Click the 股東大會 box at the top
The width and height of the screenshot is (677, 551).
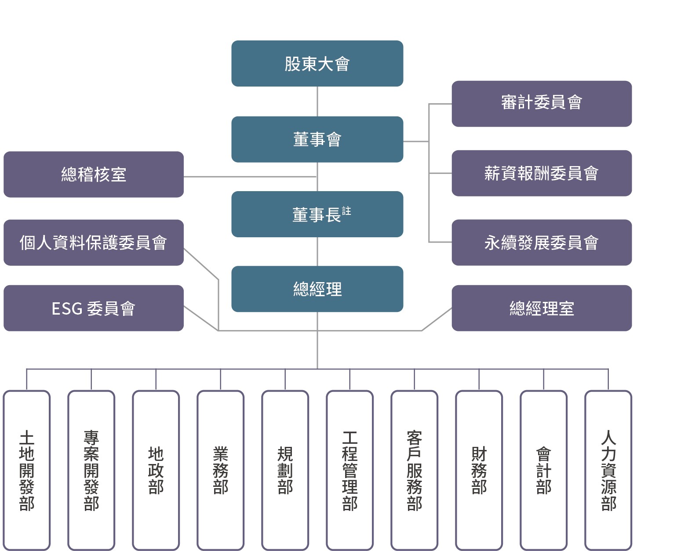click(317, 64)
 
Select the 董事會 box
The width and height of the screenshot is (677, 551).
click(317, 139)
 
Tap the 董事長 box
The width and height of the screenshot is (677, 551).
click(317, 214)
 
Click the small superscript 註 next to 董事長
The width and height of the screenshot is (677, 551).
click(346, 211)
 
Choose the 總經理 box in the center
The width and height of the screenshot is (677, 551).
click(317, 289)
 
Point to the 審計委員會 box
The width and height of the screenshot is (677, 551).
click(542, 104)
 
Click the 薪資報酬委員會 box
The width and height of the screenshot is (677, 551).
click(542, 173)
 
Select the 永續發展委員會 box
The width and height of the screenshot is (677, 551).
click(542, 243)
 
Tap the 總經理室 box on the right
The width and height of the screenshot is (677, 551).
click(542, 308)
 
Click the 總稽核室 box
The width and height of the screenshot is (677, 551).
click(94, 174)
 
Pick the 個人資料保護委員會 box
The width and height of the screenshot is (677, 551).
click(94, 243)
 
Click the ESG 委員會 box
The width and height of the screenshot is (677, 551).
click(94, 308)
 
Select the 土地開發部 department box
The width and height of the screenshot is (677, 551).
click(27, 470)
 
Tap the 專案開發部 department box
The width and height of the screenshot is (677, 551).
click(91, 470)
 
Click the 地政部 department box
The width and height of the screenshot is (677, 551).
click(156, 470)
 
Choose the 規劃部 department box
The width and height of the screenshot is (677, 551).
click(285, 470)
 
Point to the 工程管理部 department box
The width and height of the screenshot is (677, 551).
click(350, 470)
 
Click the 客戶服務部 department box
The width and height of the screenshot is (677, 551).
click(415, 470)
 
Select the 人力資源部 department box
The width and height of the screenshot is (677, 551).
click(608, 470)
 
